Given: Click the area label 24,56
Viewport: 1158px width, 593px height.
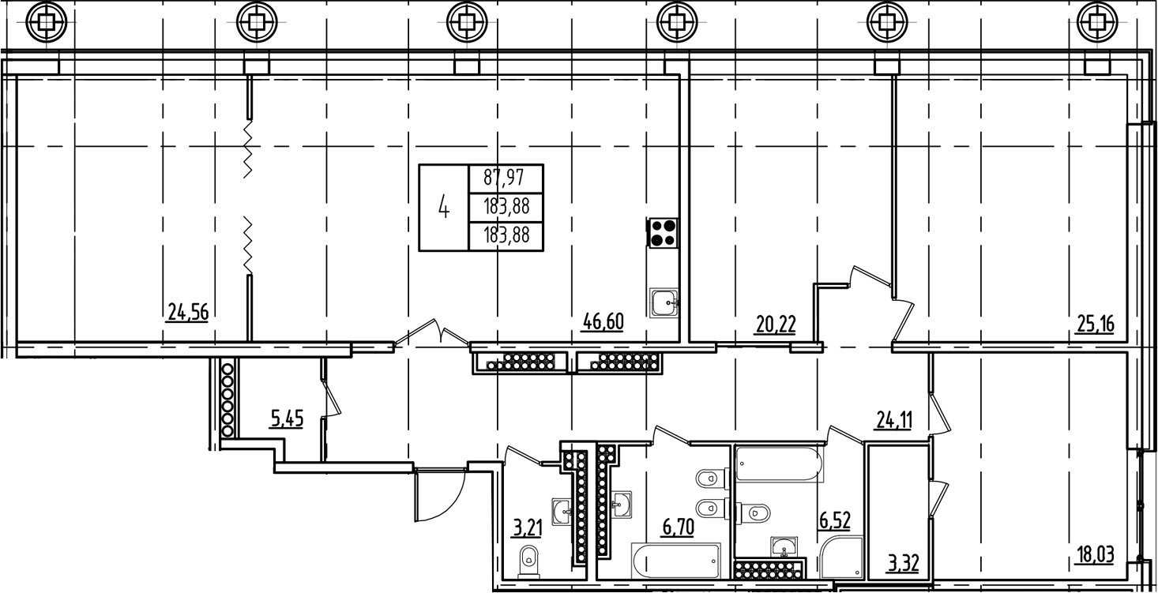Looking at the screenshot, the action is (188, 312).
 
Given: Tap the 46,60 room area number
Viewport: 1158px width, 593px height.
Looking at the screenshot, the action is (603, 321).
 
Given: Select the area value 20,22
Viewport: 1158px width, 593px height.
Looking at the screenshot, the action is (776, 325).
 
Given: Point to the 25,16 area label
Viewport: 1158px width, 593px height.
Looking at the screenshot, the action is (1094, 325).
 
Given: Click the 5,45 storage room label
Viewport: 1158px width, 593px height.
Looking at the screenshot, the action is (287, 418).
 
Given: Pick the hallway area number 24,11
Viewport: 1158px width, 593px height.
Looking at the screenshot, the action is (893, 421).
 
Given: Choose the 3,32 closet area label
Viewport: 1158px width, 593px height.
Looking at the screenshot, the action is (904, 563).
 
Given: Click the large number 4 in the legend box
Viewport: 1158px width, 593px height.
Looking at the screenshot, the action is (444, 208).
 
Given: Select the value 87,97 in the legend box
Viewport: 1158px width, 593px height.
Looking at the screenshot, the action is (503, 178).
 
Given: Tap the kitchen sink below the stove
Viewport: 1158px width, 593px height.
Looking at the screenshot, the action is (664, 302).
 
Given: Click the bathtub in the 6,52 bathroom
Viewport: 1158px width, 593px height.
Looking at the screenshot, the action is (779, 465).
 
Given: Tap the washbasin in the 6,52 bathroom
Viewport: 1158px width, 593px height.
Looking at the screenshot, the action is (784, 546).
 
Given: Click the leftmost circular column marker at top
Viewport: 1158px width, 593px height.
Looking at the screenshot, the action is (47, 21).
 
